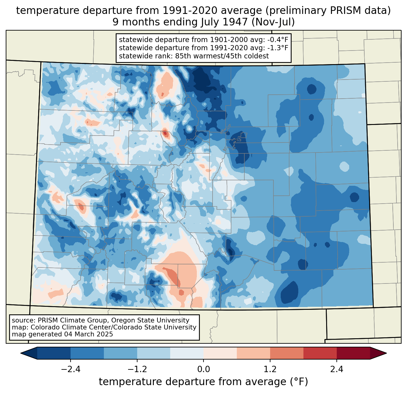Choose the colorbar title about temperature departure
[x=203, y=382]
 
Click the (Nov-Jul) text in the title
[x=273, y=22]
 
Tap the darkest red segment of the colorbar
[x=353, y=353]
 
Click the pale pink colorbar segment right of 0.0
[x=220, y=353]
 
